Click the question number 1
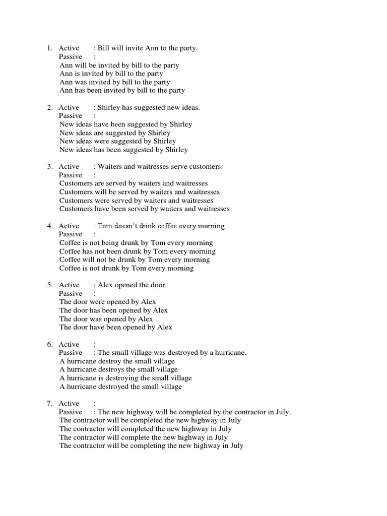[x=49, y=48]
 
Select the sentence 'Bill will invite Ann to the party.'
[x=148, y=48]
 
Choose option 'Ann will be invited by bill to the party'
[x=119, y=66]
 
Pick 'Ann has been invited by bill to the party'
[x=122, y=91]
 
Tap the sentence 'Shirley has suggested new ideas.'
[x=149, y=107]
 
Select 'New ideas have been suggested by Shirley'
[x=125, y=124]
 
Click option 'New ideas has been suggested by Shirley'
[x=123, y=150]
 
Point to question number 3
[x=49, y=167]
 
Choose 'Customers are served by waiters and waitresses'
[x=134, y=183]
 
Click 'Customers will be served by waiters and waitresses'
[x=140, y=192]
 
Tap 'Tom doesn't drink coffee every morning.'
[x=162, y=226]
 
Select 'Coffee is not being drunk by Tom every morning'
[x=136, y=243]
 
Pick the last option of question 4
[x=126, y=268]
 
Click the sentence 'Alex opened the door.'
[x=132, y=285]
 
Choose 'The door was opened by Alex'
[x=106, y=319]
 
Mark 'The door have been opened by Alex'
[x=116, y=328]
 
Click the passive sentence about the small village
[x=172, y=353]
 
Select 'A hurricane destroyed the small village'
[x=120, y=387]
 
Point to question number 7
[x=49, y=404]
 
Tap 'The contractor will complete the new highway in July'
[x=143, y=437]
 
